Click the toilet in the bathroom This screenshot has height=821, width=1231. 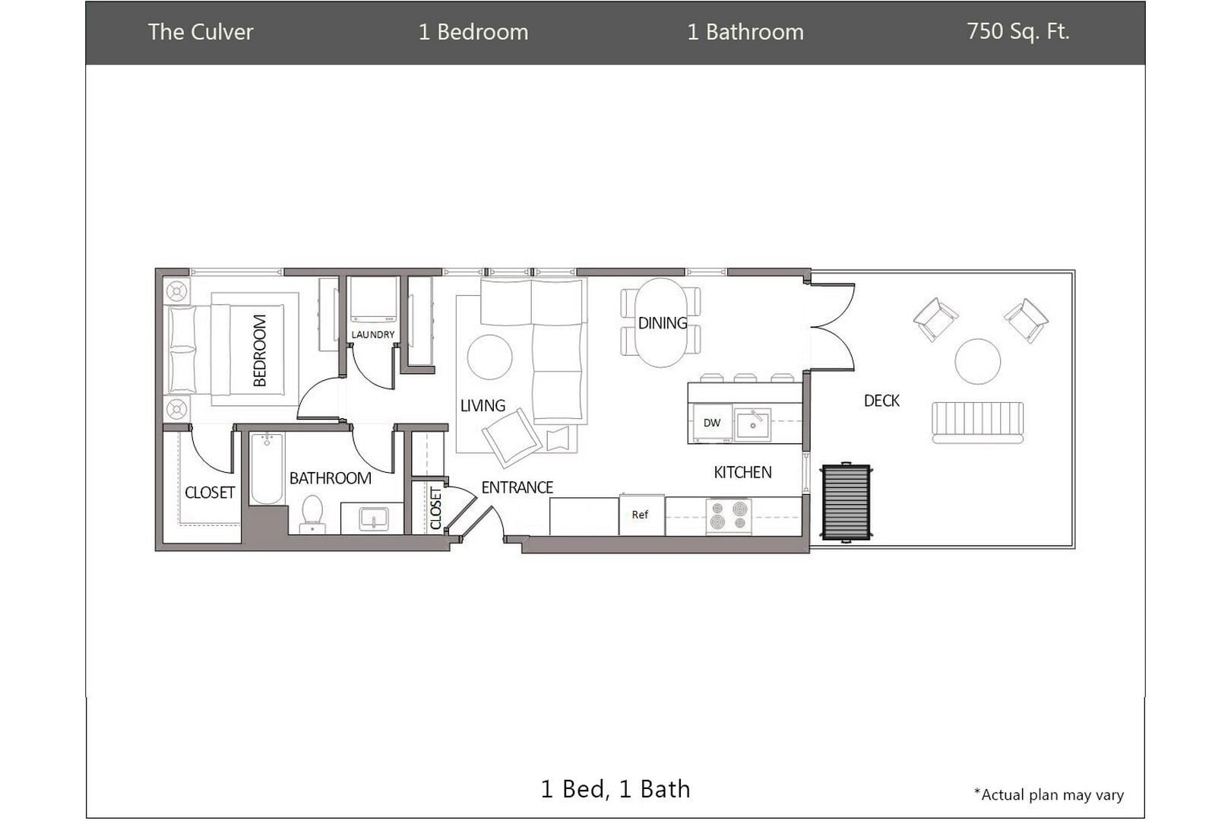tap(313, 514)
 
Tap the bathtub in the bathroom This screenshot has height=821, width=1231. tap(267, 468)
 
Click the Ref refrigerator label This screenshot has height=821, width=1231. tap(640, 515)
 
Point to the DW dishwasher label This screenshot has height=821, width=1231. tap(712, 423)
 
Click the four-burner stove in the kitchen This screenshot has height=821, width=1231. tap(729, 516)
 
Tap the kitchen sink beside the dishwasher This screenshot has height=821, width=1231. tap(753, 424)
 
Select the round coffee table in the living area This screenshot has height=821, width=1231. tap(489, 357)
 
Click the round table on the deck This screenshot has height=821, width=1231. tap(978, 361)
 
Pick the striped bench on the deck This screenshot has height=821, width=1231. tap(978, 423)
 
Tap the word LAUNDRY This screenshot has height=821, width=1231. tap(372, 334)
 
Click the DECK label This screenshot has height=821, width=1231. tap(881, 401)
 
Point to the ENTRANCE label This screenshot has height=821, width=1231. tap(517, 487)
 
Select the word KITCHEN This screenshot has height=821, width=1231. tap(742, 472)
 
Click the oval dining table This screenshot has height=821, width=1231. tap(661, 322)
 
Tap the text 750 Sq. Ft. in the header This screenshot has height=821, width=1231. tap(1017, 31)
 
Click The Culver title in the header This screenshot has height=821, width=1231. tap(201, 32)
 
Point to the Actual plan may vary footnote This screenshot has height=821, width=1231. tap(1049, 794)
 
